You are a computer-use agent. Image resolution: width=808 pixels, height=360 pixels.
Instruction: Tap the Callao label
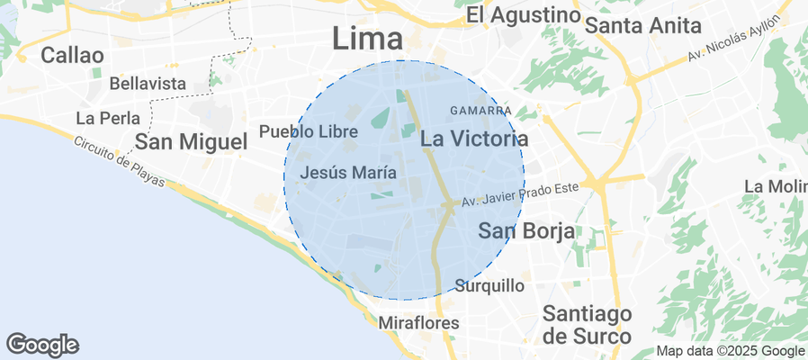pos(72,55)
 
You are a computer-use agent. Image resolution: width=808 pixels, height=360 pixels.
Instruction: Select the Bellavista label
pos(148,84)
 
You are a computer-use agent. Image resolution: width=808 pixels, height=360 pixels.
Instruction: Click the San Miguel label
pos(191,141)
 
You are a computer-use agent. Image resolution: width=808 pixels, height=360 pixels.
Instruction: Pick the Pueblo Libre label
pos(309,131)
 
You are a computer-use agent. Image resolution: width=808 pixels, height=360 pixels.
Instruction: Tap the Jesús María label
pos(349,172)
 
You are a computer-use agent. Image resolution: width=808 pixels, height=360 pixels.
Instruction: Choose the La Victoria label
pos(474,139)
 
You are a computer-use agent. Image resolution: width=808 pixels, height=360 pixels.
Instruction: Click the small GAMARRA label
pos(480,111)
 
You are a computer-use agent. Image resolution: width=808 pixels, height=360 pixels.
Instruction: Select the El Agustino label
pos(523,15)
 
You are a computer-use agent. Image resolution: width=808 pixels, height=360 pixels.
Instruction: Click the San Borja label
pos(526,230)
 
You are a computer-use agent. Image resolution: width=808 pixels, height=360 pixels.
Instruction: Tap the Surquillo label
pos(490,286)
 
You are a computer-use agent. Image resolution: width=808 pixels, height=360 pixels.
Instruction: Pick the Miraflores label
pos(419,322)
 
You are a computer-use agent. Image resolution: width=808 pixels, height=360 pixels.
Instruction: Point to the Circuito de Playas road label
pos(121,163)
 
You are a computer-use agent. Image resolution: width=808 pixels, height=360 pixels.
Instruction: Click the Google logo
pos(42,344)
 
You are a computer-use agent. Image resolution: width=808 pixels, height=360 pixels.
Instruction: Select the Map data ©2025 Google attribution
pos(731,351)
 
